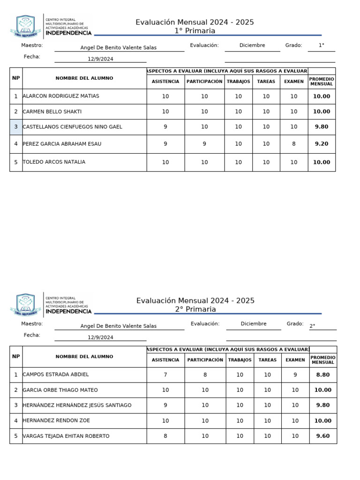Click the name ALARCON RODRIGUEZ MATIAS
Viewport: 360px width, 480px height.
coord(61,96)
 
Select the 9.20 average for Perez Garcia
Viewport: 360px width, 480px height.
coord(322,144)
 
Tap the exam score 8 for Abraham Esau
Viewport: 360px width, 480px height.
coord(294,144)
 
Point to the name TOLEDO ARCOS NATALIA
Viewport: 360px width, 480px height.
coord(54,162)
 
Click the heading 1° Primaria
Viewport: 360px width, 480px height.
coord(195,31)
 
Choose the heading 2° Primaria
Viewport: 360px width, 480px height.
coord(195,309)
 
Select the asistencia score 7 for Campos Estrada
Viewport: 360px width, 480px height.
coord(165,375)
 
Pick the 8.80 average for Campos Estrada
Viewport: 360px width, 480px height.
coord(322,375)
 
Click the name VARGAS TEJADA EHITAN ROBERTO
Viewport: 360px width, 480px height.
coord(66,436)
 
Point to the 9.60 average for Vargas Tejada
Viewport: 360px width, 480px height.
coord(322,436)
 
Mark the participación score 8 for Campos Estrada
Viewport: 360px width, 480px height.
coord(205,375)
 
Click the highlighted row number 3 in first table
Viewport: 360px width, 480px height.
coord(16,127)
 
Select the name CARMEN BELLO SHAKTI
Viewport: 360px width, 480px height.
coord(52,112)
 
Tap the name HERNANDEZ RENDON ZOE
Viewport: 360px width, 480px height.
coord(56,421)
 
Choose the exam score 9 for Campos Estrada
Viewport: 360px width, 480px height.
coord(295,375)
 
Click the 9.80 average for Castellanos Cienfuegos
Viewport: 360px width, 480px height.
coord(322,127)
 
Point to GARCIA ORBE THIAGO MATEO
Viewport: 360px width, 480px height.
coord(60,390)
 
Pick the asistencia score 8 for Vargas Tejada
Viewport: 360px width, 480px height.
coord(165,436)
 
